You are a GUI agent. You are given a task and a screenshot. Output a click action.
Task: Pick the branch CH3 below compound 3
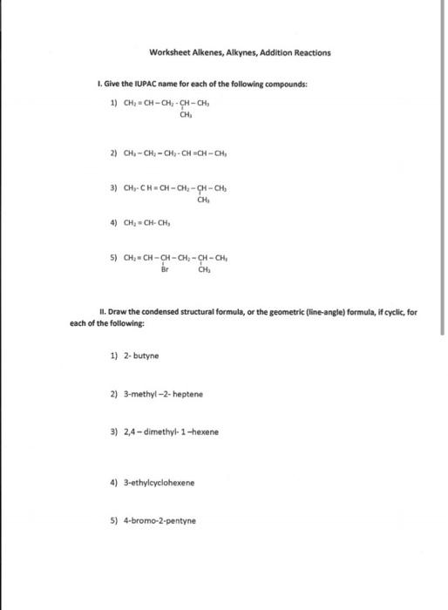point(202,199)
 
